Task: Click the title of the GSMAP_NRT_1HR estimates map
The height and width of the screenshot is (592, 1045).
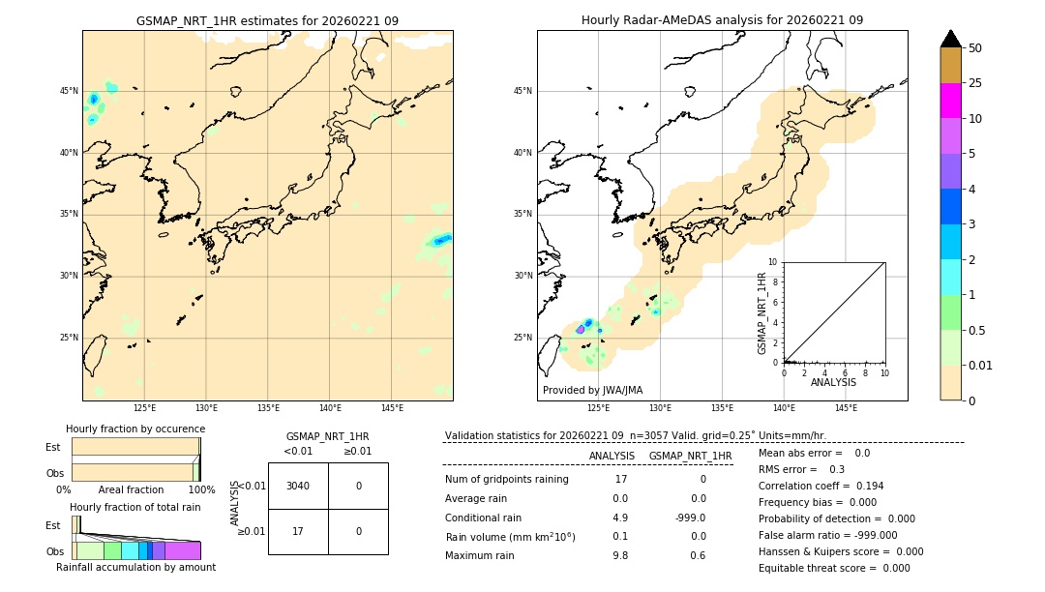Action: pyautogui.click(x=267, y=20)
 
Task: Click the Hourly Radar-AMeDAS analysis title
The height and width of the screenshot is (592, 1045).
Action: pyautogui.click(x=722, y=20)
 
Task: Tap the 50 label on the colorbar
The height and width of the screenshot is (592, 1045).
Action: pyautogui.click(x=975, y=48)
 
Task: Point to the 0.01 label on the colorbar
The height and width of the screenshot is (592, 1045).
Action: pyautogui.click(x=981, y=365)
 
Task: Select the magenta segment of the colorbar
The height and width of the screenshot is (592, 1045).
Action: pyautogui.click(x=950, y=101)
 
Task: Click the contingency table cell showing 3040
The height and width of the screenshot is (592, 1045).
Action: pyautogui.click(x=298, y=486)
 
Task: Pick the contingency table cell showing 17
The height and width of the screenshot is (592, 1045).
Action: pyautogui.click(x=298, y=531)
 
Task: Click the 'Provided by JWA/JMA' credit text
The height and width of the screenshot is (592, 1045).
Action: pyautogui.click(x=592, y=390)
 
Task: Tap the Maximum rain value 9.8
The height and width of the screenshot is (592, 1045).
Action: pyautogui.click(x=620, y=555)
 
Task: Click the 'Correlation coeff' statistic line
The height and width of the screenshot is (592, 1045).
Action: pyautogui.click(x=821, y=486)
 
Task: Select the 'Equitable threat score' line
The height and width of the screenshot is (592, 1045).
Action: pyautogui.click(x=834, y=568)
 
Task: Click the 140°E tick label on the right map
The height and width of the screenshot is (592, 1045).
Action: pyautogui.click(x=784, y=408)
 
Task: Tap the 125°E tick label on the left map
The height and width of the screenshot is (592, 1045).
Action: pyautogui.click(x=144, y=408)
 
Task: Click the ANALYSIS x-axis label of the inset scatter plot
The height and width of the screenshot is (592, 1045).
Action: pyautogui.click(x=833, y=382)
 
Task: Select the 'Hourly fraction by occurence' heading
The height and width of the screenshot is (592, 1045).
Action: pyautogui.click(x=135, y=429)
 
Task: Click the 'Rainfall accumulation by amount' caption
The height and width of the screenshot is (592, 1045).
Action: pyautogui.click(x=135, y=568)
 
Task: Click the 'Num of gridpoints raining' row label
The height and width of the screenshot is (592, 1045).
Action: pyautogui.click(x=506, y=479)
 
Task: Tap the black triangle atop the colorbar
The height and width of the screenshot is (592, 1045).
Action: pyautogui.click(x=951, y=39)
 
